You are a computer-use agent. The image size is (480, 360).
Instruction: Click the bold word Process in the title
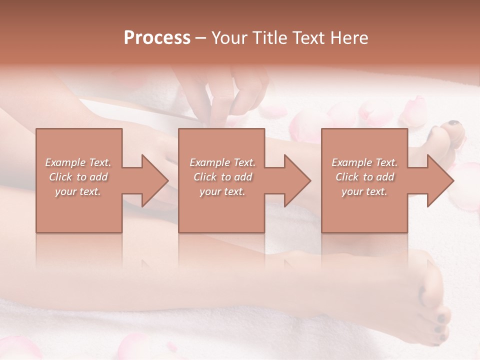(157, 38)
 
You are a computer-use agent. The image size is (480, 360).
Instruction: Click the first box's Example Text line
(78, 162)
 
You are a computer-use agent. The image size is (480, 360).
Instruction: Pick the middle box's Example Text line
(222, 162)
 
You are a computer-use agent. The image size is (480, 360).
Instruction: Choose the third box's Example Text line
(364, 162)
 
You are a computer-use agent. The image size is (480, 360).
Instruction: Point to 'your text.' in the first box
(78, 191)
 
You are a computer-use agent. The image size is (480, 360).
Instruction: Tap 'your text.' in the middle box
(222, 191)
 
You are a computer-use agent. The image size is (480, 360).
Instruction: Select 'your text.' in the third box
(364, 191)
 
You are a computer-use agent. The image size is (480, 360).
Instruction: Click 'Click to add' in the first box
(78, 177)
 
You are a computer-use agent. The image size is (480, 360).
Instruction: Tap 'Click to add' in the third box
(364, 177)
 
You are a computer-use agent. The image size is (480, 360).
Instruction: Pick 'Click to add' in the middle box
(222, 177)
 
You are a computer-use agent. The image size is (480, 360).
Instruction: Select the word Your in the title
(231, 38)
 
